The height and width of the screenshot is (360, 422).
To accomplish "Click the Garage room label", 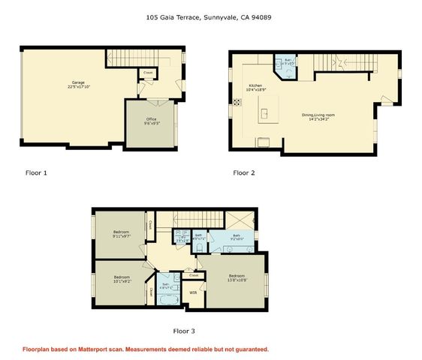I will tap(78, 83).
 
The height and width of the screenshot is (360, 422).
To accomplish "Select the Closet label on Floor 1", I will tap(149, 73).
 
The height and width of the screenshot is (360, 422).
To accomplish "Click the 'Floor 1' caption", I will tap(36, 173).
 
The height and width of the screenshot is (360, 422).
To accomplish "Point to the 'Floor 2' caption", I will tap(244, 173).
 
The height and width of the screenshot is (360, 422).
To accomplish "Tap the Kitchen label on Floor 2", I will tap(255, 87).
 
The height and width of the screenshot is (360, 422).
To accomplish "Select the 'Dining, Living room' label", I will tap(318, 116).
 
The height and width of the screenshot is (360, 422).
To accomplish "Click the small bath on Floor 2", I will tap(288, 64).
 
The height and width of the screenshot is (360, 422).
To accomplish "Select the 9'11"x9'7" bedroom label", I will tap(121, 234).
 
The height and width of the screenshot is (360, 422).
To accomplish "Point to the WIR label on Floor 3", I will tap(193, 292).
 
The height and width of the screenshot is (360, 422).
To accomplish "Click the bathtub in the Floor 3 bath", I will tap(167, 301).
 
